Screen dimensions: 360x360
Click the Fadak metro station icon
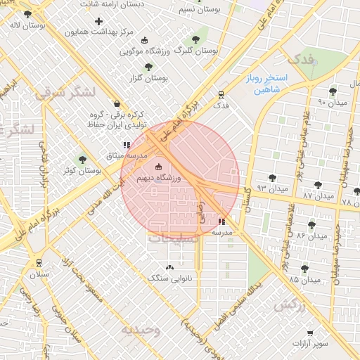(221, 95)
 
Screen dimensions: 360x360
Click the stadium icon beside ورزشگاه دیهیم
(157, 167)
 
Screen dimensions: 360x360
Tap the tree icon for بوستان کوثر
(82, 160)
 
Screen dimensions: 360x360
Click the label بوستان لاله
(24, 25)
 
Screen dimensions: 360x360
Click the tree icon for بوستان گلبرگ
(195, 39)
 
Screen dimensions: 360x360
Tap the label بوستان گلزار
(148, 78)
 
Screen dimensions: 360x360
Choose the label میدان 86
(312, 236)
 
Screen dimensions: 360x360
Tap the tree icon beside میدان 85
(304, 269)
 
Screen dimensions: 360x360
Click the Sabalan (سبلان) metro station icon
(39, 263)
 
